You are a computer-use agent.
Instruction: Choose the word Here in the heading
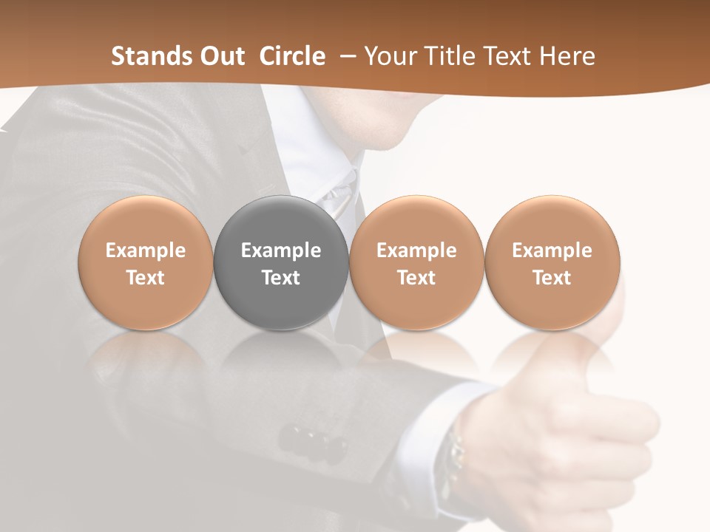pyautogui.click(x=567, y=56)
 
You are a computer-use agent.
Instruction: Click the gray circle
pyautogui.click(x=280, y=262)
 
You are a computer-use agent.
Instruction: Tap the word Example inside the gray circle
pyautogui.click(x=280, y=250)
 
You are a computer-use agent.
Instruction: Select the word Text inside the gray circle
pyautogui.click(x=280, y=278)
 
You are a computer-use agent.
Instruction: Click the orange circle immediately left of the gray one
pyautogui.click(x=145, y=262)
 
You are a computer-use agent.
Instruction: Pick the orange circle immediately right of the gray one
pyautogui.click(x=416, y=262)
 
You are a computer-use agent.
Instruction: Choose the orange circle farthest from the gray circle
pyautogui.click(x=552, y=262)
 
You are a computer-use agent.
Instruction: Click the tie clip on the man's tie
pyautogui.click(x=338, y=196)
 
